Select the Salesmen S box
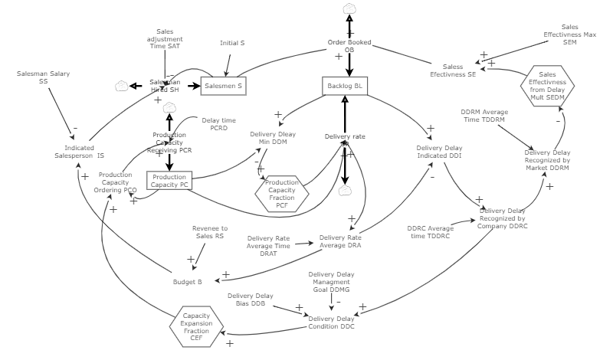pos(223,87)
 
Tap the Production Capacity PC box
pos(169,181)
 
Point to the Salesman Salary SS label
pos(43,78)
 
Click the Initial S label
pos(232,43)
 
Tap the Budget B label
pos(187,282)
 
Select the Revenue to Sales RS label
pos(209,232)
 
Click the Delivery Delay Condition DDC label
pos(331,322)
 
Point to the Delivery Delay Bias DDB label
pos(250,299)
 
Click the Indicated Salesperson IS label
pos(84,152)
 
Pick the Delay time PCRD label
pos(218,124)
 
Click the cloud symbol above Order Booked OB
pos(349,9)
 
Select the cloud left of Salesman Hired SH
pos(120,86)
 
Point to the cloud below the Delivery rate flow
pos(344,191)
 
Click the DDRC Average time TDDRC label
pos(429,231)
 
